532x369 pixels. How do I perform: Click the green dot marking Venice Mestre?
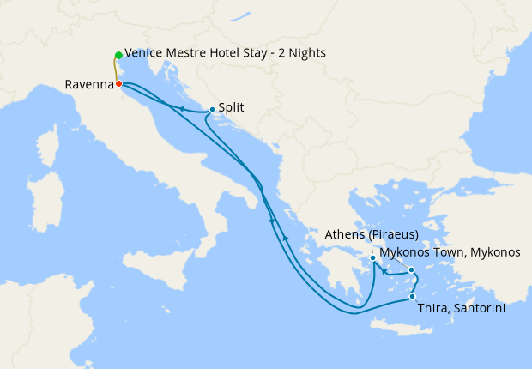click(118, 56)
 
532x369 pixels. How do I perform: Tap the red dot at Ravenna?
click(118, 84)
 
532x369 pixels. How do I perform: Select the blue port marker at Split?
click(211, 109)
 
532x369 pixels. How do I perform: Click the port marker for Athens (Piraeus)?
click(372, 257)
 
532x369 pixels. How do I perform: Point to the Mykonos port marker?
click(412, 270)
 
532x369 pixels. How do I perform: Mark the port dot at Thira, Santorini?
click(413, 297)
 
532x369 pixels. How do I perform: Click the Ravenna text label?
click(88, 85)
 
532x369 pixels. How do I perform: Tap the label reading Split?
click(232, 108)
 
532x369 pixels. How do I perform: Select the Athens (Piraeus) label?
click(372, 234)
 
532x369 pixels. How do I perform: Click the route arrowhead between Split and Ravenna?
click(182, 108)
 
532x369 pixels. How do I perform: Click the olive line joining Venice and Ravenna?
click(117, 70)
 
